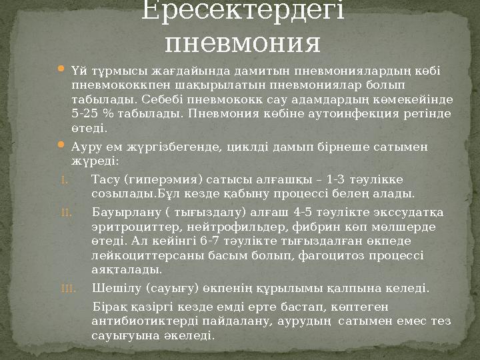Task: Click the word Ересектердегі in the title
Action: pos(243,11)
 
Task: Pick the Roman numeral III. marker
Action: pos(69,289)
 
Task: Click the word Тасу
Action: pos(104,178)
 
